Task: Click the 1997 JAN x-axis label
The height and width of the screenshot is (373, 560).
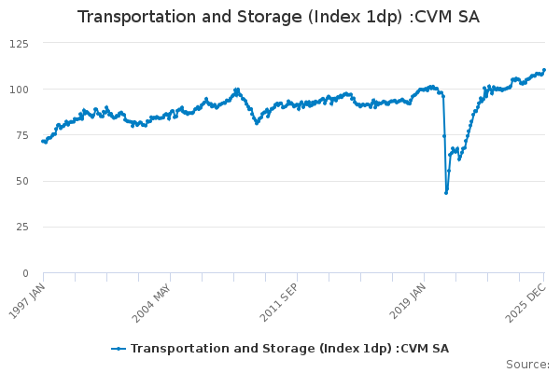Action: pos(29,300)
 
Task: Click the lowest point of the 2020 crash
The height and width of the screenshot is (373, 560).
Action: pos(446,193)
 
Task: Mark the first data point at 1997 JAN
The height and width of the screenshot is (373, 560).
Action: pos(43,141)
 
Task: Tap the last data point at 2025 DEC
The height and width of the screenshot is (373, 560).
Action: pos(544,70)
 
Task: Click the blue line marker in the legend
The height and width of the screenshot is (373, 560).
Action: pos(119,349)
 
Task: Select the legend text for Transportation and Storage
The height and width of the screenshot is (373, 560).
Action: pos(289,349)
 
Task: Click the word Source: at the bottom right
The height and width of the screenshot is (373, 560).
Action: pos(527,365)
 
